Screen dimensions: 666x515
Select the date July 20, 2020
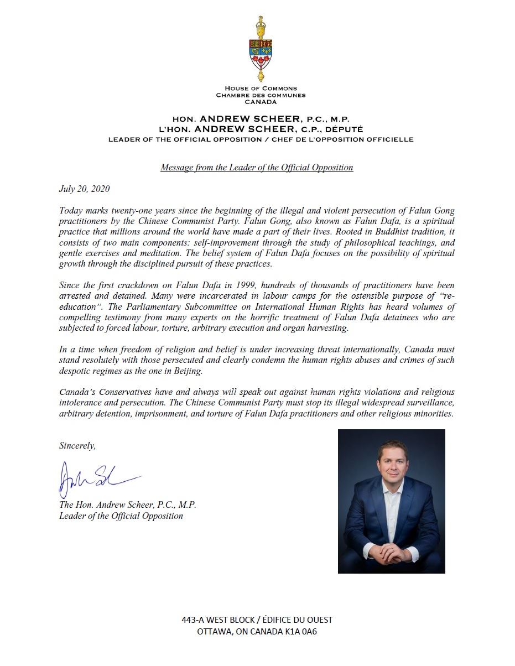coord(85,189)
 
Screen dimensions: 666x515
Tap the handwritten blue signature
coord(94,478)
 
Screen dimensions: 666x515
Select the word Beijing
coord(188,371)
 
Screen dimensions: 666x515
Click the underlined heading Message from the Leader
coord(257,167)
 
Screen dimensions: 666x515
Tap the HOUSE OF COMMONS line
coord(261,89)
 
